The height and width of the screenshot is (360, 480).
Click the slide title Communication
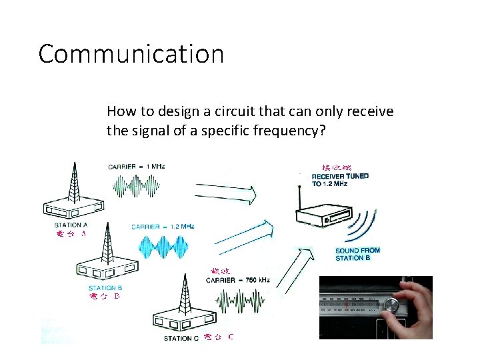coord(131,54)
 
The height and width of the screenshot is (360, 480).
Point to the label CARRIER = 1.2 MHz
coord(163,227)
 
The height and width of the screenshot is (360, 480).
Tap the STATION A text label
coord(71,225)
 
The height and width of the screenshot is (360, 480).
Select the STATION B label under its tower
coord(105,288)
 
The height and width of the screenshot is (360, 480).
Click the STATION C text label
coord(181,338)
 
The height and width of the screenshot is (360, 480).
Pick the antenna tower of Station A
coord(73,180)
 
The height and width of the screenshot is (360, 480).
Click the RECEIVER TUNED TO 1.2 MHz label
coord(340,180)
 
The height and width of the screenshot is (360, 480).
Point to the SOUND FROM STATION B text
coord(357,254)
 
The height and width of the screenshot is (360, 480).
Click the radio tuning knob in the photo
coord(392,306)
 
